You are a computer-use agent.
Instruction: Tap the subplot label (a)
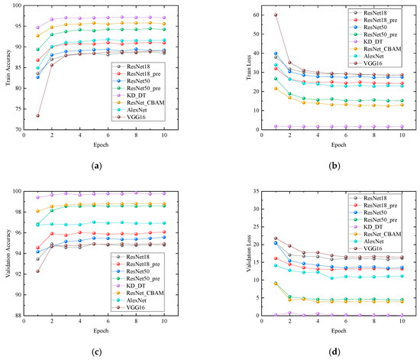pyautogui.click(x=104, y=165)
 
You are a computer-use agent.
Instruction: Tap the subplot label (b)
pyautogui.click(x=321, y=165)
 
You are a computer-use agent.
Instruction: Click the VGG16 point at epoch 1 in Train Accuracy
pyautogui.click(x=38, y=115)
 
